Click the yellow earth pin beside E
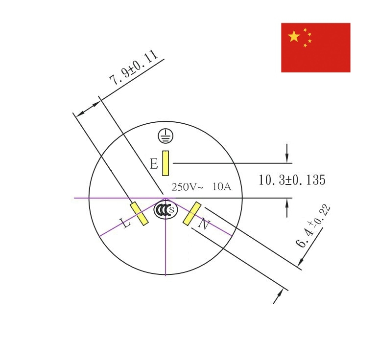coord(166,163)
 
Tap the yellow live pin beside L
coord(139,214)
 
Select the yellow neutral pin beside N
coord(192,214)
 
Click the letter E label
coord(154,164)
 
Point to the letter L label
coord(125,223)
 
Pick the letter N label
coord(204,224)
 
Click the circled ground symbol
coord(166,136)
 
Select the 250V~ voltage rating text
coord(188,187)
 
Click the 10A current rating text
coord(222,187)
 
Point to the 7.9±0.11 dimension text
coord(134,67)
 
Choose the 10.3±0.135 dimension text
coord(292,180)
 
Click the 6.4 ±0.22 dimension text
coord(313,226)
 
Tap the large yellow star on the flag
coord(294,36)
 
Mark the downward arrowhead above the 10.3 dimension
coord(287,158)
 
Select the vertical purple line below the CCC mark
coord(166,237)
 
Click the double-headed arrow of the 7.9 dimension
coord(88,109)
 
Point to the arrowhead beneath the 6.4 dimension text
coord(301,262)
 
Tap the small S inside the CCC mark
coord(171,210)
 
